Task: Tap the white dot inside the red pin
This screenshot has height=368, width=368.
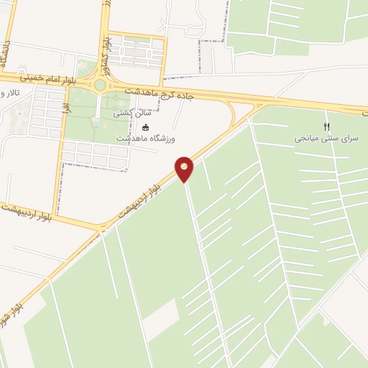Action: pos(185,167)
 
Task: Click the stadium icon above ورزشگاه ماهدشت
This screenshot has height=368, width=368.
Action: pos(146,127)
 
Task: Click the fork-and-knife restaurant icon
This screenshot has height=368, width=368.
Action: pos(328,126)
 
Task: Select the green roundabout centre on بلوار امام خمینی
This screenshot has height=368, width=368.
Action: pos(100,85)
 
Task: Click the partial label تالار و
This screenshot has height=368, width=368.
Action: pos(9,93)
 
